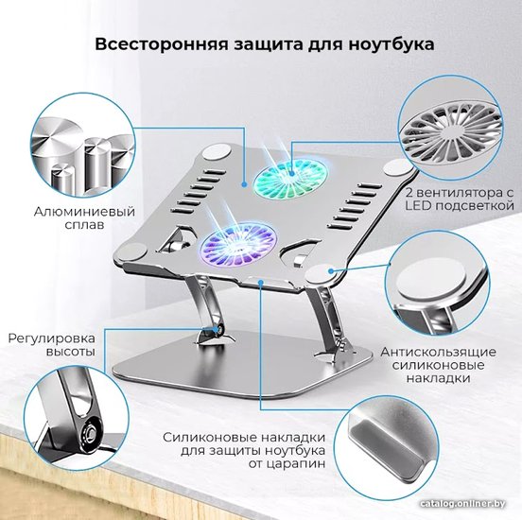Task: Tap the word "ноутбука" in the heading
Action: pos(391,45)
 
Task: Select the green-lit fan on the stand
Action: pos(289,175)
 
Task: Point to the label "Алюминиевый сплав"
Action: pos(84,217)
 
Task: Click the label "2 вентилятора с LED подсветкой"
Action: pos(460,199)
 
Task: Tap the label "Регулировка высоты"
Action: pos(52,345)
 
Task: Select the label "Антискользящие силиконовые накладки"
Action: pos(439,365)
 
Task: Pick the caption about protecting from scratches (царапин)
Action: pos(244,450)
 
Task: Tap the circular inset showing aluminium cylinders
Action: pos(82,152)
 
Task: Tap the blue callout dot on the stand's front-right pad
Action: pos(331,270)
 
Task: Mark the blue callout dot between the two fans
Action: pos(244,183)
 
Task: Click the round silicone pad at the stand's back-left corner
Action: pos(217,152)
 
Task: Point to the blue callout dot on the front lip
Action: pos(261,283)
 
